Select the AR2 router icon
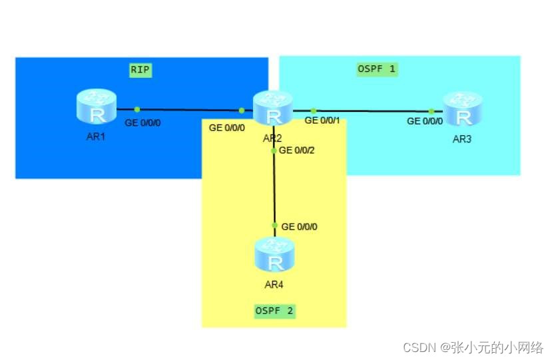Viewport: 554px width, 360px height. pos(273,108)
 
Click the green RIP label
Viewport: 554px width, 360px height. pos(140,69)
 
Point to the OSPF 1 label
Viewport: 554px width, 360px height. pos(377,69)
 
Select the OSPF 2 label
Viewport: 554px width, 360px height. pos(275,310)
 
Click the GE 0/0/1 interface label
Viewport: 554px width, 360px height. pos(322,120)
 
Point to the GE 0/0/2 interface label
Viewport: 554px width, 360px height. pos(296,150)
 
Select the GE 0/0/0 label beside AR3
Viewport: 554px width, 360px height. pos(425,121)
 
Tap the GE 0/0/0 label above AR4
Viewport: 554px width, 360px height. pos(299,227)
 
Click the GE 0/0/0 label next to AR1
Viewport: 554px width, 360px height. pos(142,122)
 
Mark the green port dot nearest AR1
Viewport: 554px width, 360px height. pos(137,109)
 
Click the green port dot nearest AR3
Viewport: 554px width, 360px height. pos(431,111)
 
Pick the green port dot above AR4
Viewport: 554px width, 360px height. pos(274,226)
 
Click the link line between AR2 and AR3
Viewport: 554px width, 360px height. pos(373,111)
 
